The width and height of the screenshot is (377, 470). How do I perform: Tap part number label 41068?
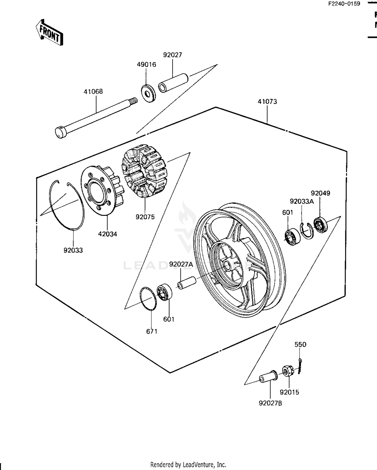pos(93,91)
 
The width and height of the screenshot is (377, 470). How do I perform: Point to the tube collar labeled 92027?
pos(173,83)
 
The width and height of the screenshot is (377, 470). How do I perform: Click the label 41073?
pos(267,102)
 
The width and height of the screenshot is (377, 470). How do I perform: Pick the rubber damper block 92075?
pos(145,171)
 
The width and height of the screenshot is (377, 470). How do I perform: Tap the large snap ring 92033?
pos(67,205)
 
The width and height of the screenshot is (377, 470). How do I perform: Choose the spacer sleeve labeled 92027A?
pos(187,283)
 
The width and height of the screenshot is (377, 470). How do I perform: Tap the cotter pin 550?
pos(300,366)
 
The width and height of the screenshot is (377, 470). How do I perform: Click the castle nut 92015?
pos(287,371)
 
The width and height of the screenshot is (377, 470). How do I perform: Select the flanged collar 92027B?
pos(268,378)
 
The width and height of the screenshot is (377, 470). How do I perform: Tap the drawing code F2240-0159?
pos(344,4)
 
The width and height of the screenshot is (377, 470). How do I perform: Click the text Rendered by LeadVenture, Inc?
pos(188,464)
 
